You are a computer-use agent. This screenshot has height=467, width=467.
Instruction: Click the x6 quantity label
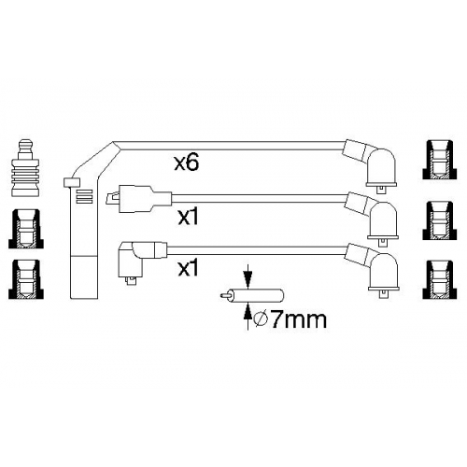[x=186, y=163]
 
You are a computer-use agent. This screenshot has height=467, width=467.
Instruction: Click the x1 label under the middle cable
[x=188, y=217]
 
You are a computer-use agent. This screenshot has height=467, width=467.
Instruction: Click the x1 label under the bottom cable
[x=188, y=268]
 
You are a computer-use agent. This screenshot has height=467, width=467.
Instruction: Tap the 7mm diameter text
[x=298, y=319]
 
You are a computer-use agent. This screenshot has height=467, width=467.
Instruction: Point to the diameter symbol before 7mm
[x=261, y=320]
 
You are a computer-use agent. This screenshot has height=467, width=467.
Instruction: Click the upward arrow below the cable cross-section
[x=248, y=317]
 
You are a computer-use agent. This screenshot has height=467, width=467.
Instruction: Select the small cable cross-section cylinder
[x=252, y=295]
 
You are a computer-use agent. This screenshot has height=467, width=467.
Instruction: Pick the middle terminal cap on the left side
[x=26, y=229]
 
